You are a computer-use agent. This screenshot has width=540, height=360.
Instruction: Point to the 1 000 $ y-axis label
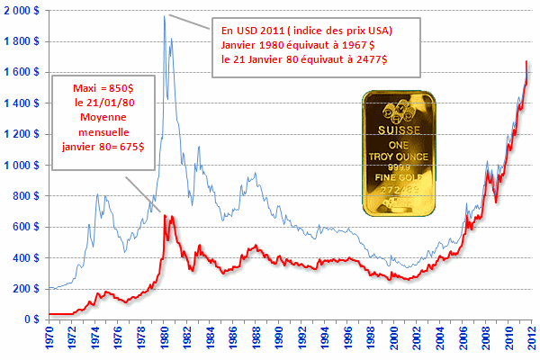point(22,165)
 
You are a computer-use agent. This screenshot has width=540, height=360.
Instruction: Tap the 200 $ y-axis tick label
point(27,289)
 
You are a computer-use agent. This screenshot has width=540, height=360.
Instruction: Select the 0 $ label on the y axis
point(33,319)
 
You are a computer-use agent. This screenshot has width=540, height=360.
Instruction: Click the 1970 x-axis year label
point(51,342)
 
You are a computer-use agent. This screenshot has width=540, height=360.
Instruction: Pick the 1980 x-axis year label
point(165,342)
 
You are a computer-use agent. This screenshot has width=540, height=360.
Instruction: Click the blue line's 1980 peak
point(165,15)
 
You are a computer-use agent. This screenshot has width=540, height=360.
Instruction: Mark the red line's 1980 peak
point(165,215)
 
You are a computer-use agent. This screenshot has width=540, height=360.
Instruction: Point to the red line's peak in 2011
point(526,61)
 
